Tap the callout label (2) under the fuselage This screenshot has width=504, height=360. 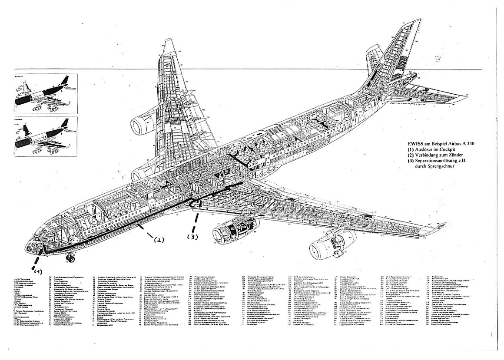click(158, 239)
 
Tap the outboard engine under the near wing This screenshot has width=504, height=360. click(328, 248)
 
